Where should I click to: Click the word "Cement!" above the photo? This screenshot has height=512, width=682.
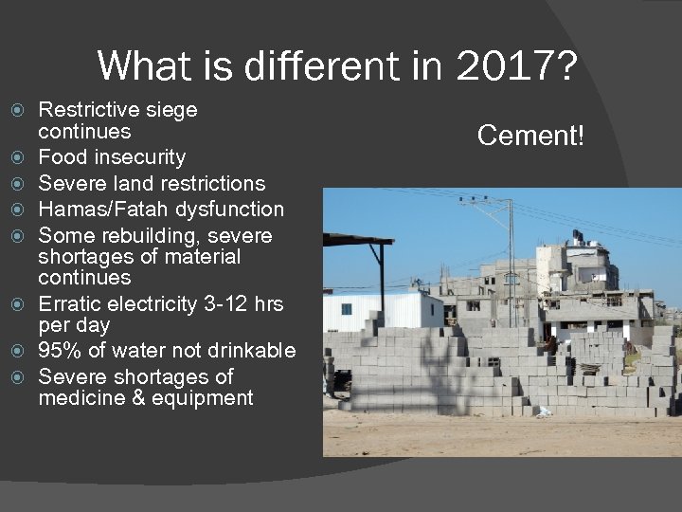tap(530, 136)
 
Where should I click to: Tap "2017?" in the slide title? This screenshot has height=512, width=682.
tap(516, 66)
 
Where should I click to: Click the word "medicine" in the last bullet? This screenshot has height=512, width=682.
tap(78, 398)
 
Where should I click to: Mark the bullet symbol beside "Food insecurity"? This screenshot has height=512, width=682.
tap(26, 157)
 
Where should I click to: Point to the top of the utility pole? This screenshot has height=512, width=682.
tap(509, 202)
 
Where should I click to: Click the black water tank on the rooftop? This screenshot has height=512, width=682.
tap(578, 235)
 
